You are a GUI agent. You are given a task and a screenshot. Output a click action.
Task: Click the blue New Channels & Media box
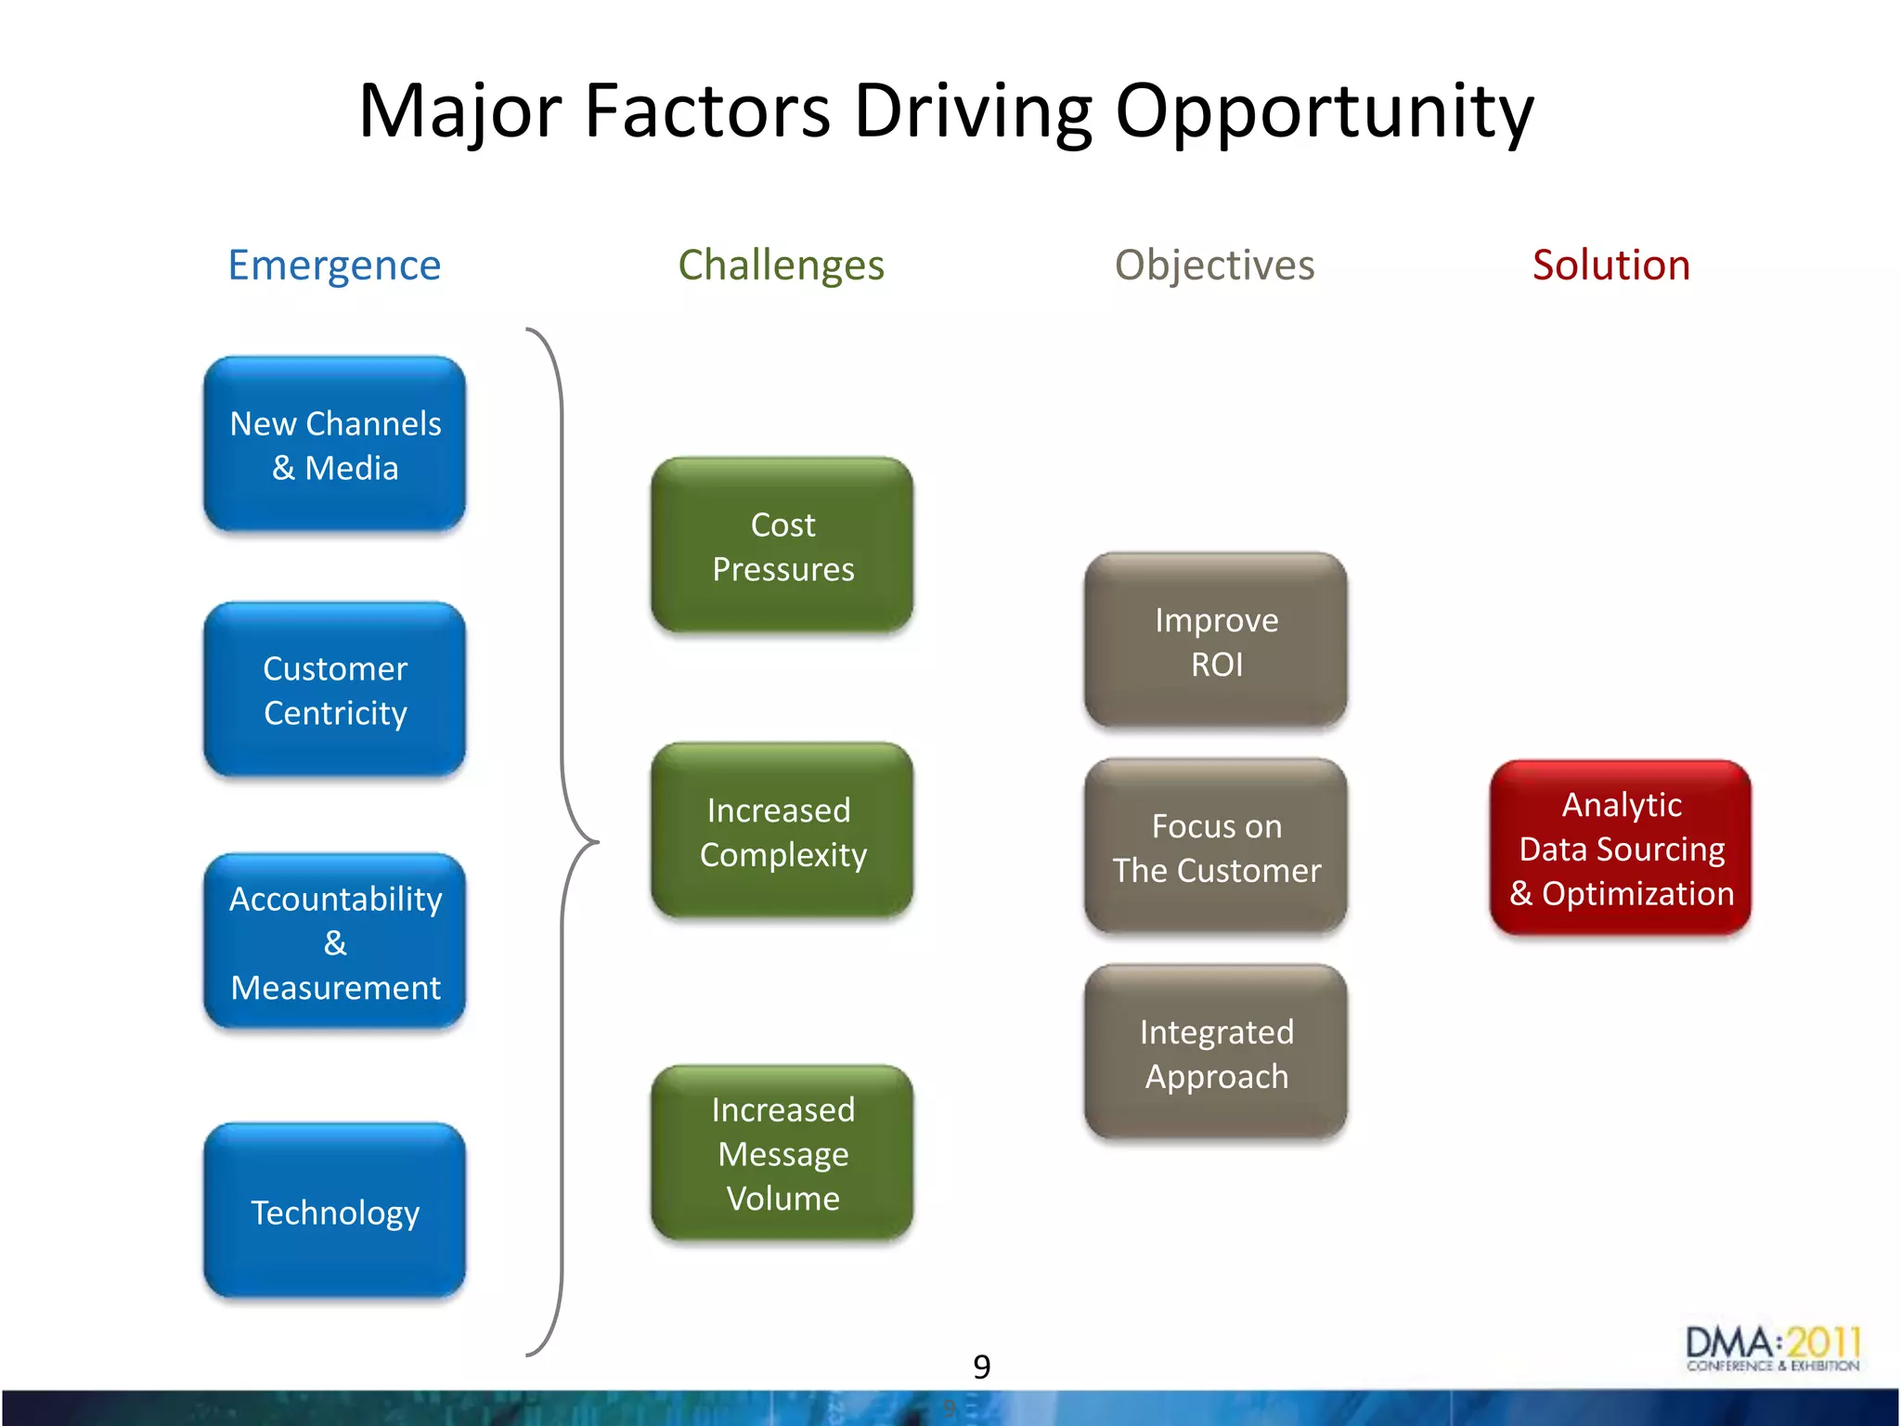click(x=334, y=445)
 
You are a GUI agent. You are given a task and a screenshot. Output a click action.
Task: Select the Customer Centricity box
click(x=334, y=690)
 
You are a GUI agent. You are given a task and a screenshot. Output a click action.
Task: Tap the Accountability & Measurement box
click(x=334, y=942)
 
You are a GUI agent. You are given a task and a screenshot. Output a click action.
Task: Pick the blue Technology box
click(x=334, y=1212)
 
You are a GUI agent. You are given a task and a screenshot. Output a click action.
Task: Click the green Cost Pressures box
click(x=782, y=546)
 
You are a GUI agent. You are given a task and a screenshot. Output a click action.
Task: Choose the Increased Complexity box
click(x=782, y=831)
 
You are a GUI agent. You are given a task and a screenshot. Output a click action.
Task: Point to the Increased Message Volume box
click(x=782, y=1153)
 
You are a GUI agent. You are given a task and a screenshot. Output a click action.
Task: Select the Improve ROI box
click(x=1216, y=642)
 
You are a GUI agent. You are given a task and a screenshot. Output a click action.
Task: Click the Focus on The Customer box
click(x=1216, y=848)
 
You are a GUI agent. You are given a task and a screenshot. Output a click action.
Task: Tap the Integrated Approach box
click(x=1216, y=1054)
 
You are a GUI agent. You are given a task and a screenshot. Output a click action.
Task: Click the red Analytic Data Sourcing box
click(x=1621, y=848)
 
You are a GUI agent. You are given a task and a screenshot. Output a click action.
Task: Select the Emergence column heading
click(x=334, y=266)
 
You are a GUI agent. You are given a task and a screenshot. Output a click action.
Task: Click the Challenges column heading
click(x=781, y=266)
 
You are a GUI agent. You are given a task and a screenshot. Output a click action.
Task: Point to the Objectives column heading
click(x=1214, y=266)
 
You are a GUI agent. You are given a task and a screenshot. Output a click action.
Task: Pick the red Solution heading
click(x=1610, y=266)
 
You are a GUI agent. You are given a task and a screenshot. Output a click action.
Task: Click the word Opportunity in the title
click(x=1324, y=111)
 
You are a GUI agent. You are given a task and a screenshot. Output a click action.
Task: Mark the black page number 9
click(x=981, y=1367)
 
